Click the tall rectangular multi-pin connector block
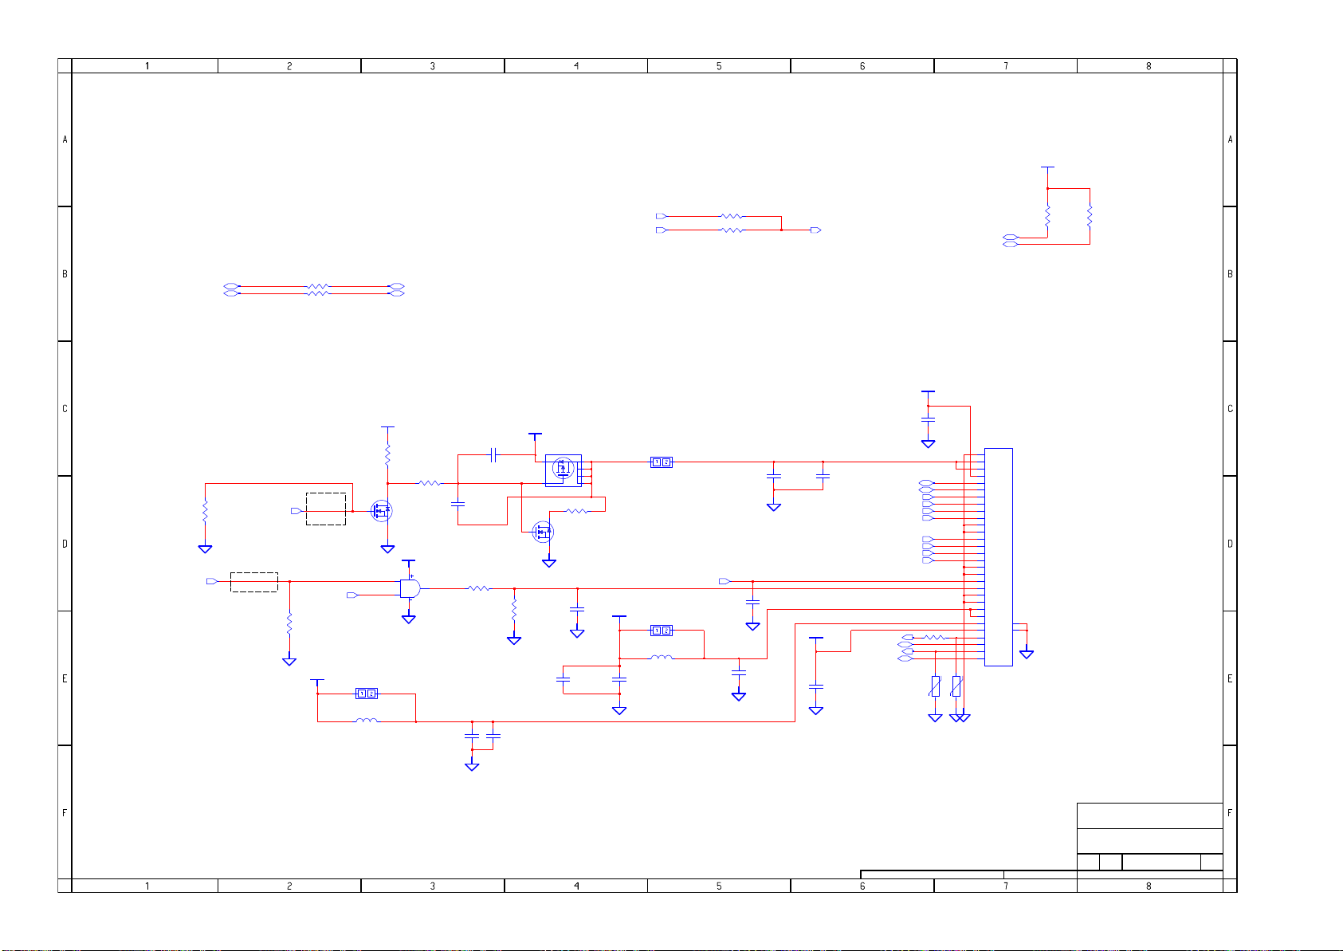[998, 556]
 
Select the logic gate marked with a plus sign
[410, 588]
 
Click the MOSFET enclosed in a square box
[564, 470]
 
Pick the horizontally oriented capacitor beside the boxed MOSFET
[493, 455]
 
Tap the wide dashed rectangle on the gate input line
[254, 582]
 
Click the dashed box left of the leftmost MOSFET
[326, 509]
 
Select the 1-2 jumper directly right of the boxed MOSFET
[662, 462]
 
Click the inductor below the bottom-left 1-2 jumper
[367, 721]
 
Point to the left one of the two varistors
[936, 686]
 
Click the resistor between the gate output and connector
[479, 588]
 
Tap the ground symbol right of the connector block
[1027, 654]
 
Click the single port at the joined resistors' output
[815, 230]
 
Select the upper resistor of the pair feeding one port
[731, 216]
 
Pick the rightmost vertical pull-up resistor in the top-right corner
[1090, 215]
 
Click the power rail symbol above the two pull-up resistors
[1048, 168]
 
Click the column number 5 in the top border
[719, 66]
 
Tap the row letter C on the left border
[65, 409]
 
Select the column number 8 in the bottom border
[1149, 886]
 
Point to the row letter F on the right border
[1230, 813]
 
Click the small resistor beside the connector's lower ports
[933, 638]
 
